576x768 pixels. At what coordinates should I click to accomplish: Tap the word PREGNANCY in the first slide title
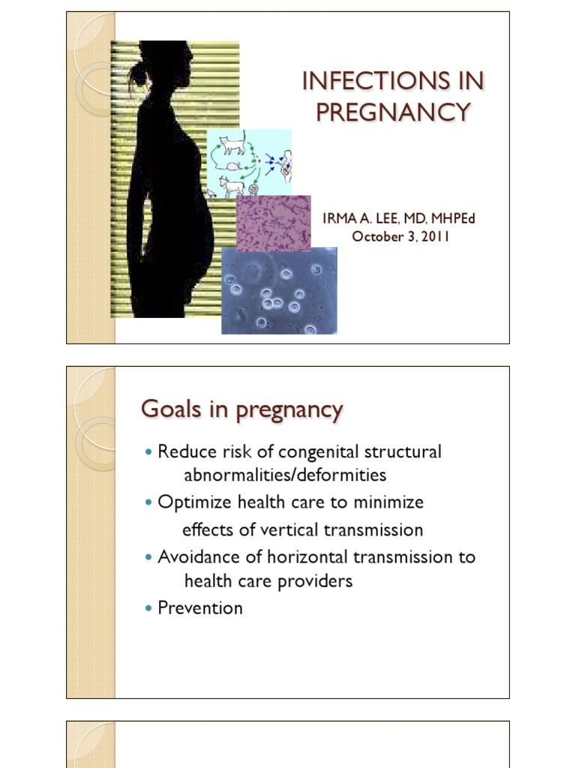[x=392, y=112]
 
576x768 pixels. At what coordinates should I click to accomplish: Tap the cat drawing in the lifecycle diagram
[x=233, y=142]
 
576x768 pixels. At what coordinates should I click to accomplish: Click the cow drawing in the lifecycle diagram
[x=232, y=184]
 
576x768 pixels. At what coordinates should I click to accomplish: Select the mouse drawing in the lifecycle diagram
[x=234, y=166]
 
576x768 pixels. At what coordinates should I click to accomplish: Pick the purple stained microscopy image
[x=274, y=222]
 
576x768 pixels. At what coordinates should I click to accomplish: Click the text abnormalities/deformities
[x=285, y=475]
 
